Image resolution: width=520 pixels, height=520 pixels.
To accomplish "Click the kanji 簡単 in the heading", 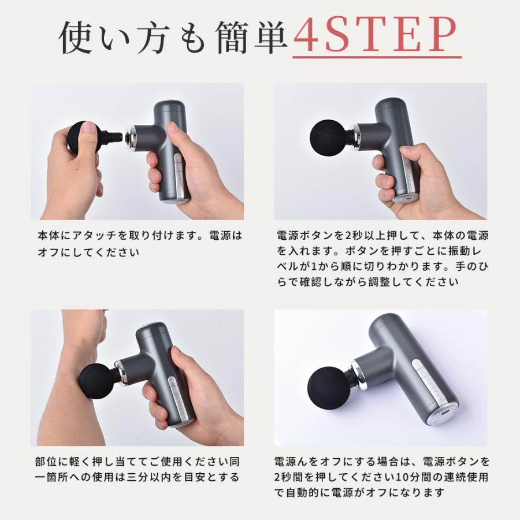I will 255,37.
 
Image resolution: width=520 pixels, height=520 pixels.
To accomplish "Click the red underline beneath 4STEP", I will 376,58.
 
